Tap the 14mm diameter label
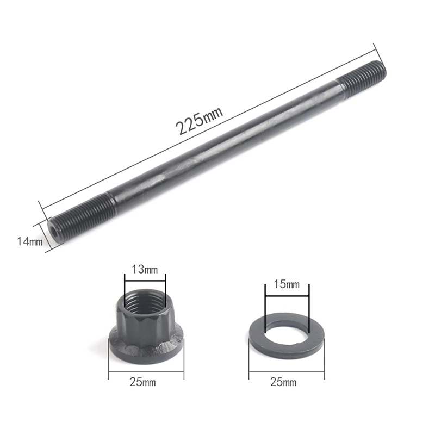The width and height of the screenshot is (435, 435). (30, 241)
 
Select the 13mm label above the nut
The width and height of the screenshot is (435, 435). (145, 269)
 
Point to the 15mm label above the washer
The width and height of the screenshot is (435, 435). (287, 284)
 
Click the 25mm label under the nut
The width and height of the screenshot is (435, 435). (143, 382)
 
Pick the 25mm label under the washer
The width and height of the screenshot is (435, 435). (283, 382)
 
